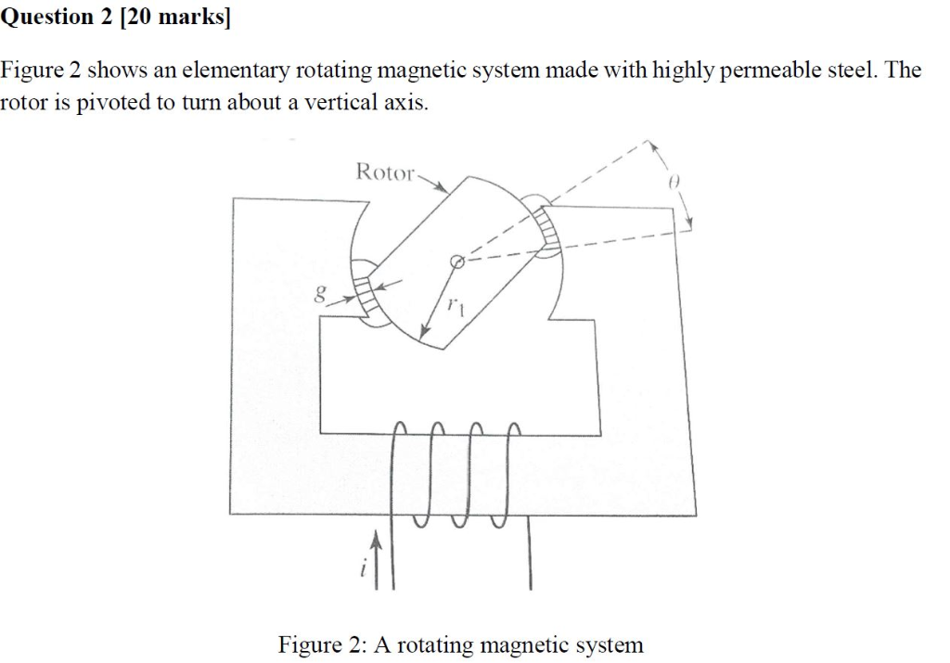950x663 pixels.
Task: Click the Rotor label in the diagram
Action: [383, 172]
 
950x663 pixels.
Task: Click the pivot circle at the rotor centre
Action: [456, 262]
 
